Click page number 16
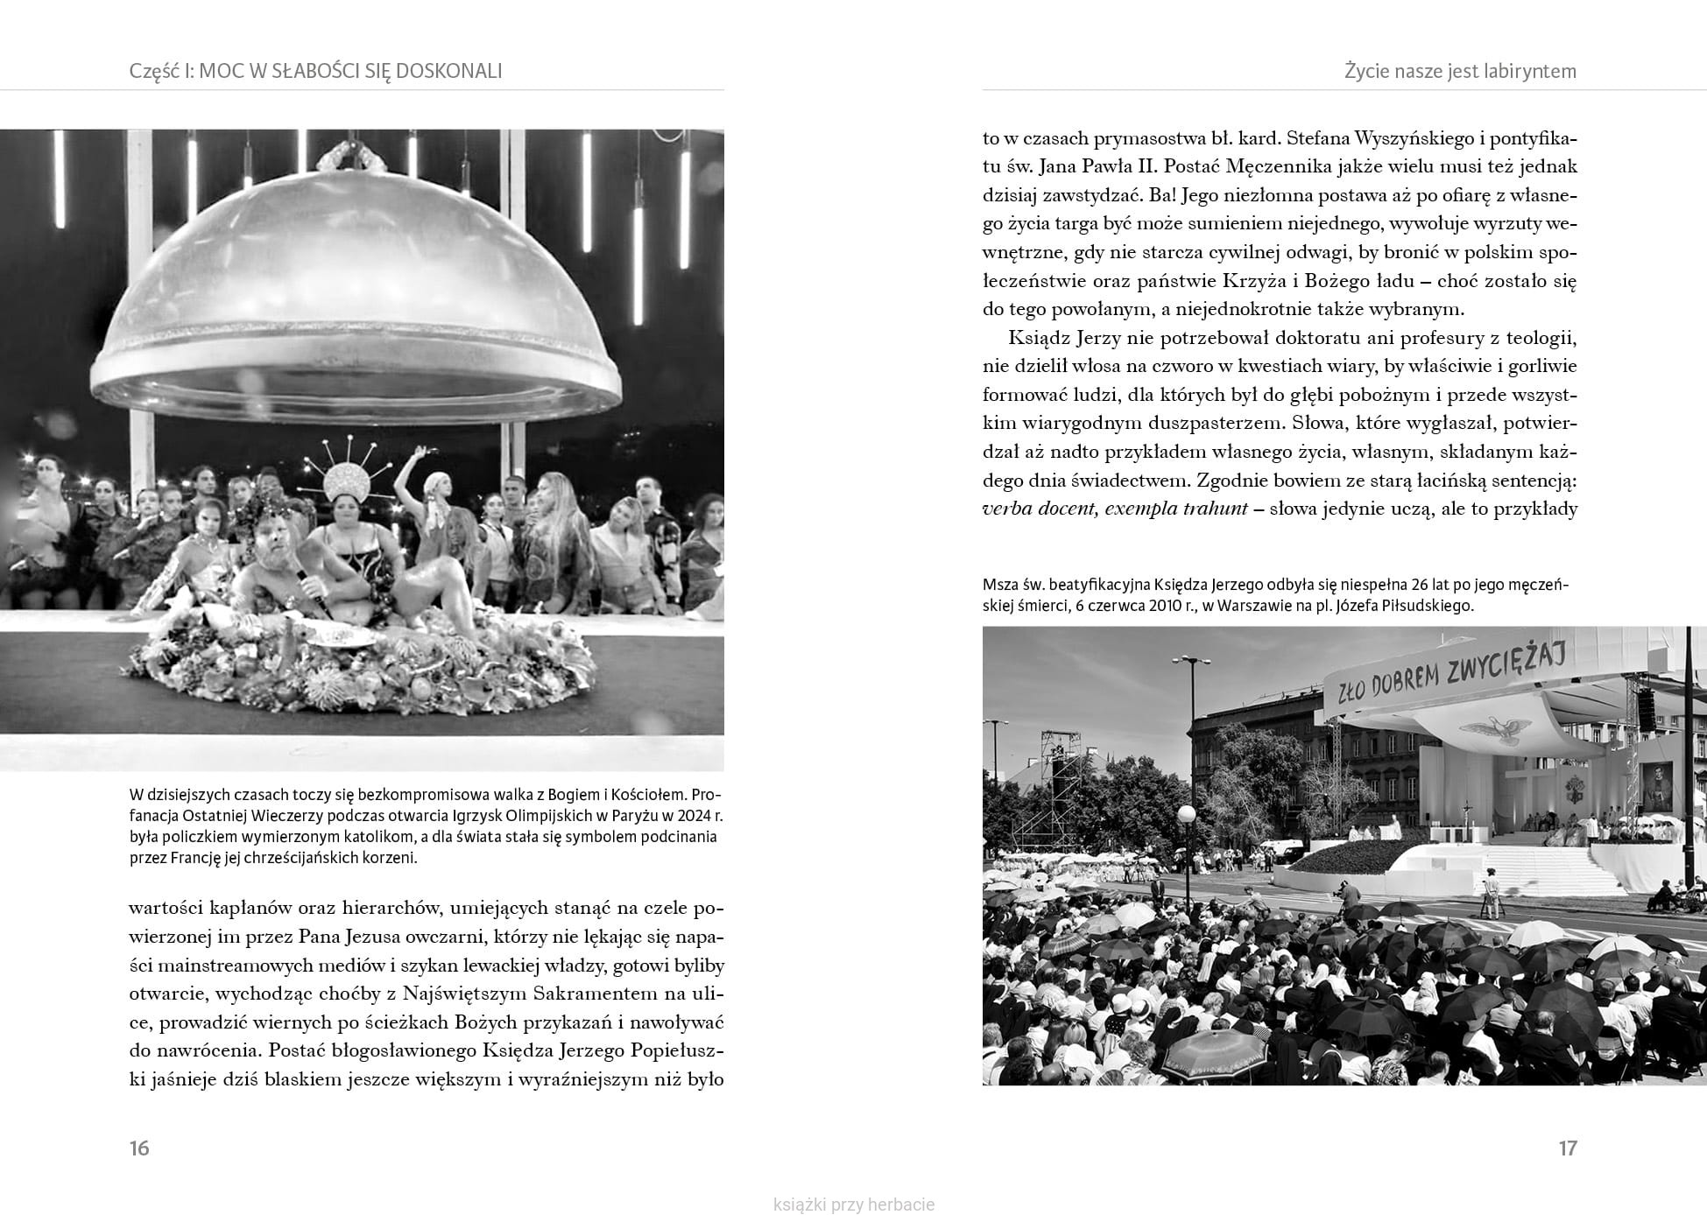139,1148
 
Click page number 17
1568,1148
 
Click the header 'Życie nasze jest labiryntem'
1460,72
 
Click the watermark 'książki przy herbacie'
854,1204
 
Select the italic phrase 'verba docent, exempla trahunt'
1115,509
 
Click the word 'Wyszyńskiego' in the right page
1411,138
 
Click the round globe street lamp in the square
1186,815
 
